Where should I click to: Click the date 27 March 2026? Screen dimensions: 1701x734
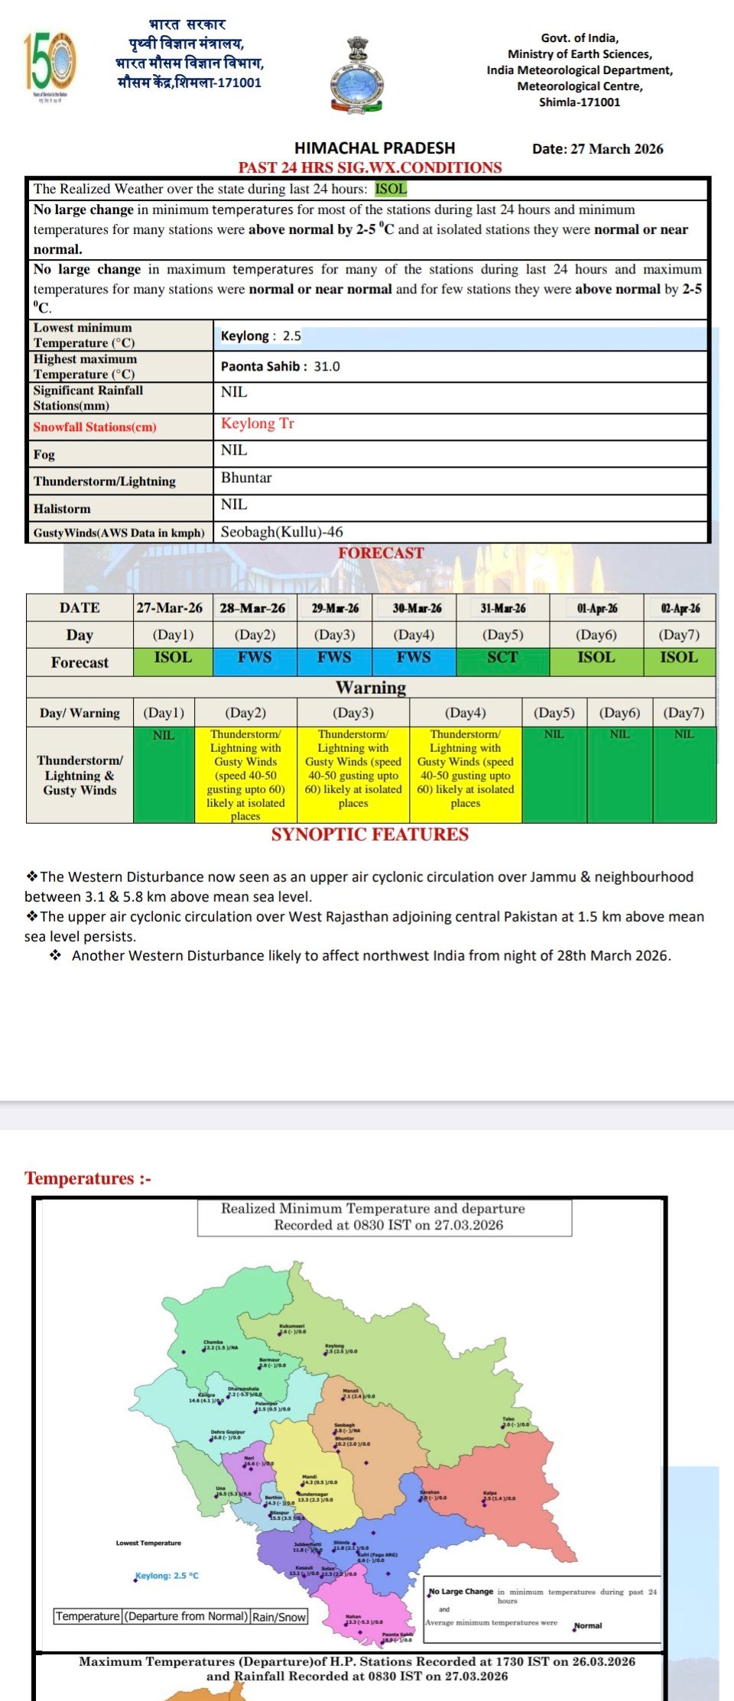coord(597,149)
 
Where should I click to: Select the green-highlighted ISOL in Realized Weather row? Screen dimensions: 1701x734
coord(391,189)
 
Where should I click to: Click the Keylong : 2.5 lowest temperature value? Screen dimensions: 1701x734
coord(261,336)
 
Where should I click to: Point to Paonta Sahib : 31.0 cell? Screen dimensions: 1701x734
coord(280,367)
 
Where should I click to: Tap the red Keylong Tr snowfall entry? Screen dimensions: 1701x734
coord(257,424)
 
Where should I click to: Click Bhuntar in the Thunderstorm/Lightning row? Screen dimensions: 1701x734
coord(246,478)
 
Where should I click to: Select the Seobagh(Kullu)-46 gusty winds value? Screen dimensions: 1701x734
coord(281,532)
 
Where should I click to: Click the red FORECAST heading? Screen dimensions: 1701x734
coord(381,553)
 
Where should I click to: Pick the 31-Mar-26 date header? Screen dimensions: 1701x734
coord(502,608)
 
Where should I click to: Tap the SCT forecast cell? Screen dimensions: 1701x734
coord(502,658)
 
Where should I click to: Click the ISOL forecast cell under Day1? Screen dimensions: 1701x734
coord(173,658)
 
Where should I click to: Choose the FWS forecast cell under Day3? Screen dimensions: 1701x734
coord(334,658)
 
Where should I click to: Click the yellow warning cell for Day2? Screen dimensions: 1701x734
coord(245,775)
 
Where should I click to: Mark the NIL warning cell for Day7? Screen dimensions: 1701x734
coord(684,773)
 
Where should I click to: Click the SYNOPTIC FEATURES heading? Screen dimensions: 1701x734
coord(370,834)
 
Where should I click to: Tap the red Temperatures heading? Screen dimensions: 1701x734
coord(88,1178)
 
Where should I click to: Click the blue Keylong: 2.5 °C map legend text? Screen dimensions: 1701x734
coord(167,1576)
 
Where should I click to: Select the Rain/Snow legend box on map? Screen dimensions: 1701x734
coord(279,1617)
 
